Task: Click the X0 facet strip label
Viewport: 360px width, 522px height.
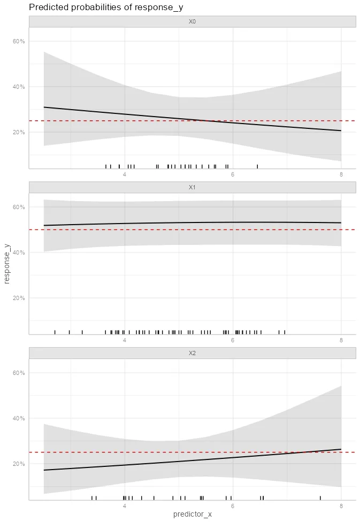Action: click(192, 21)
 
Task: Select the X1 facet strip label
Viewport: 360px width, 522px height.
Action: click(192, 187)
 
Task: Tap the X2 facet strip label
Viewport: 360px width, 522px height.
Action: click(192, 353)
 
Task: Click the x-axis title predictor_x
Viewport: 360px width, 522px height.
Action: click(192, 515)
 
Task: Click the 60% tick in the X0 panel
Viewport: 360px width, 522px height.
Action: click(19, 41)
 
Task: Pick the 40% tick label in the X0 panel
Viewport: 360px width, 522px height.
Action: click(19, 87)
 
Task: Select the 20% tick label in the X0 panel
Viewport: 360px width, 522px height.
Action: click(19, 132)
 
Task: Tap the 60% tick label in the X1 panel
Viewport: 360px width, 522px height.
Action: click(19, 207)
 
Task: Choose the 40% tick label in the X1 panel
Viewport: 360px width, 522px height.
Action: click(19, 252)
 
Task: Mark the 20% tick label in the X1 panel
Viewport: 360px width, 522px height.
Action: click(19, 298)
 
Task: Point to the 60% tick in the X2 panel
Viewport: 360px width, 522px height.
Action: click(19, 373)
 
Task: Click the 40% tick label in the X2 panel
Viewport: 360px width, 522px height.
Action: click(19, 418)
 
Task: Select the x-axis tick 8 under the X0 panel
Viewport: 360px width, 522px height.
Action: click(341, 175)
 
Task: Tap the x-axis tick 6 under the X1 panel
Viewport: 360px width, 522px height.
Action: click(233, 341)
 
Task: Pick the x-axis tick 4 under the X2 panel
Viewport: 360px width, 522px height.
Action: click(125, 506)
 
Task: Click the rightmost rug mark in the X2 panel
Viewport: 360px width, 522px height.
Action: click(320, 497)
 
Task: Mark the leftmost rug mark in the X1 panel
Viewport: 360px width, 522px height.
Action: click(55, 332)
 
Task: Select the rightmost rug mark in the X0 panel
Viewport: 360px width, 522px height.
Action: click(257, 166)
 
